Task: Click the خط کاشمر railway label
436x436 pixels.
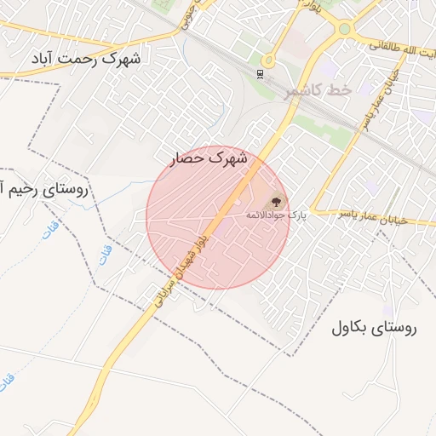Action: (x=316, y=91)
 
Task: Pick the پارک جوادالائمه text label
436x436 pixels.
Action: (x=275, y=215)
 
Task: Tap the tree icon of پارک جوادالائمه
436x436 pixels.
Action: (x=275, y=202)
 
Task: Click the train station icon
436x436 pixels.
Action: (x=259, y=72)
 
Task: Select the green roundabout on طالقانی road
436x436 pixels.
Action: (x=345, y=29)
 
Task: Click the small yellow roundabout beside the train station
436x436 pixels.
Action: (x=268, y=60)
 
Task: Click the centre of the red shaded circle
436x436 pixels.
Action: (x=218, y=217)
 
